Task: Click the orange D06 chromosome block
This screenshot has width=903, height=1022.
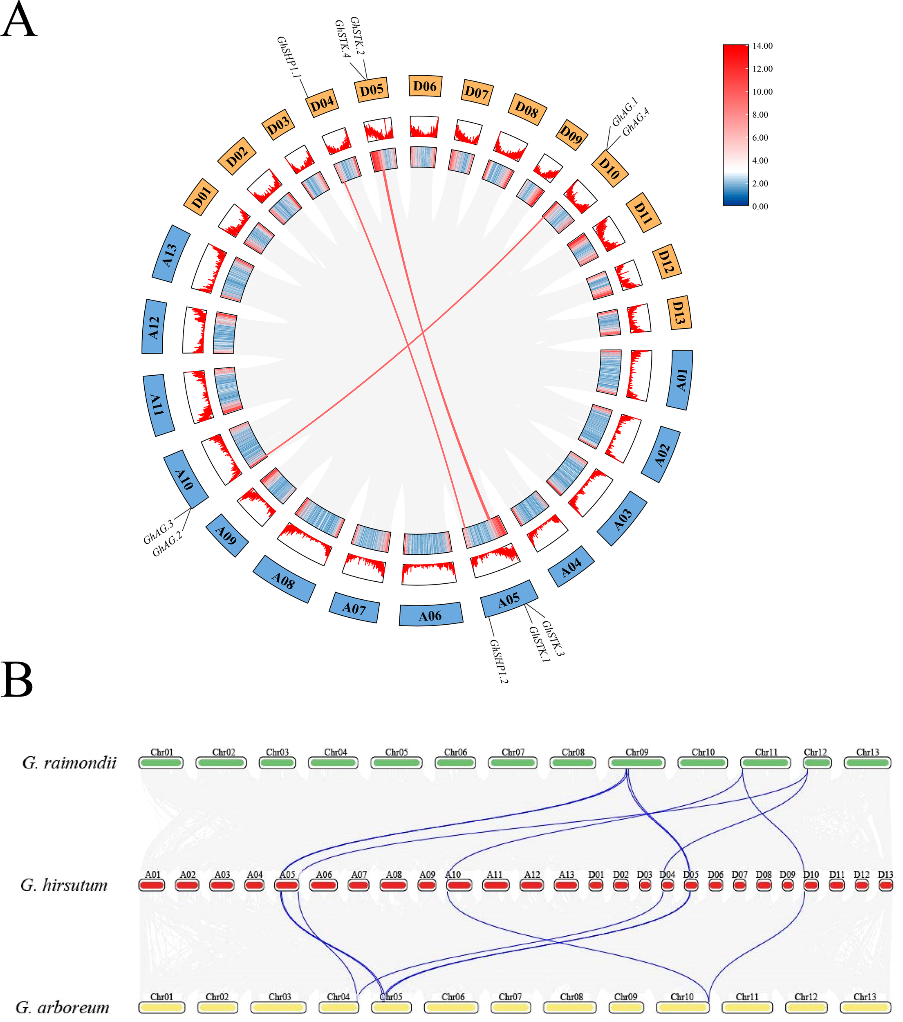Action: pyautogui.click(x=424, y=87)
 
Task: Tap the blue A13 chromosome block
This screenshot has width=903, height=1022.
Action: pyautogui.click(x=170, y=254)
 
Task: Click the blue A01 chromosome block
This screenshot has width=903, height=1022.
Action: pyautogui.click(x=680, y=380)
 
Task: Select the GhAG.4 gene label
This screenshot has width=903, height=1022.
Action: pyautogui.click(x=636, y=122)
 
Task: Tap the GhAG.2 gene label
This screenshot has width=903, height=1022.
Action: pyautogui.click(x=167, y=544)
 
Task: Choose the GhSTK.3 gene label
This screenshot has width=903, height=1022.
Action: pyautogui.click(x=553, y=638)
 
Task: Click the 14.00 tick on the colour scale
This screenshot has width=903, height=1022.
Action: pyautogui.click(x=762, y=46)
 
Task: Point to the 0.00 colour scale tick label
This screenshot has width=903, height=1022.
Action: pyautogui.click(x=760, y=206)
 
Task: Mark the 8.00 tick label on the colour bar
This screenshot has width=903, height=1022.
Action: pyautogui.click(x=760, y=114)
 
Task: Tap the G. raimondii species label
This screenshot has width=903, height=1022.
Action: pyautogui.click(x=69, y=763)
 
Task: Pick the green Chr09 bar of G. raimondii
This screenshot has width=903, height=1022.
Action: pyautogui.click(x=636, y=763)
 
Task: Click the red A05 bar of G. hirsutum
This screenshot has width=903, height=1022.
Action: pyautogui.click(x=287, y=885)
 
